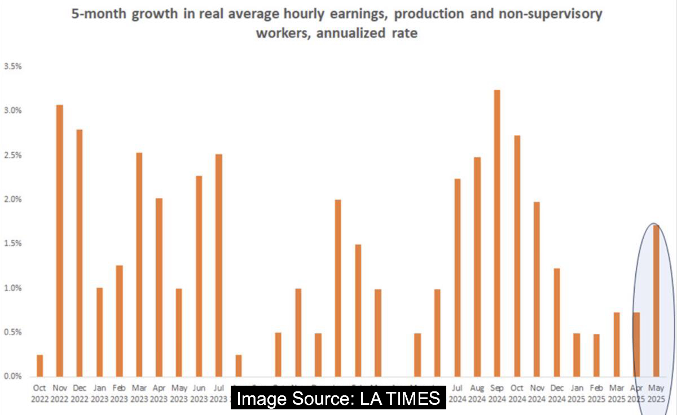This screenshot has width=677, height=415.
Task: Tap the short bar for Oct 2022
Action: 39,365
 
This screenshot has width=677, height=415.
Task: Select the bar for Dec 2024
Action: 556,322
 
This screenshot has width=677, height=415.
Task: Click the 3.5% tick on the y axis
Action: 12,66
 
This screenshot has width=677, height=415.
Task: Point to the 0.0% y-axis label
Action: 12,376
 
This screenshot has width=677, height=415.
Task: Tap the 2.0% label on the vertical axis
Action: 12,199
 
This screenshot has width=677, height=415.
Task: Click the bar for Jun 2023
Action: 199,276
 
